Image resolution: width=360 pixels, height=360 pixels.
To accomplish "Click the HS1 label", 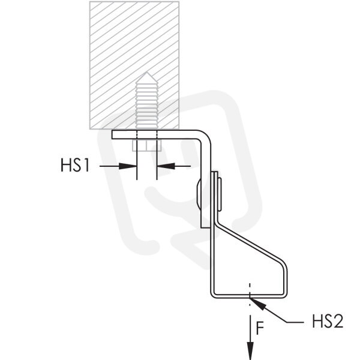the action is click(x=75, y=165).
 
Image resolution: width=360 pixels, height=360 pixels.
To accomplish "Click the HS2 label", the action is click(x=328, y=321).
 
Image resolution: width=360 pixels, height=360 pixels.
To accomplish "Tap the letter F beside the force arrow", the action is click(x=260, y=328).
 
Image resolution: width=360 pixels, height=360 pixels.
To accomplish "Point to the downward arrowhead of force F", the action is click(x=250, y=350).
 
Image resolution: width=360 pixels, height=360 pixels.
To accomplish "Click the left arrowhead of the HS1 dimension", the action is click(x=128, y=166).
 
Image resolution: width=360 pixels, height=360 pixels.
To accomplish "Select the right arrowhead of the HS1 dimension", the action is click(x=166, y=166).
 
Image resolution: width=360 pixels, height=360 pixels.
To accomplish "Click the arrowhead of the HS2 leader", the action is click(x=258, y=302).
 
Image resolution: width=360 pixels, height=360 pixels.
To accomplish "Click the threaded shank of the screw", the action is click(x=147, y=106).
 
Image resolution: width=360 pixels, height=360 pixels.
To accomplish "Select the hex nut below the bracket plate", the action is click(x=147, y=145).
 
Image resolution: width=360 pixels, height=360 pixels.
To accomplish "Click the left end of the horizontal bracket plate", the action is click(x=112, y=134).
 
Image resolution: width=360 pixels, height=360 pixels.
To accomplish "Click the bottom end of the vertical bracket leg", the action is click(x=205, y=227).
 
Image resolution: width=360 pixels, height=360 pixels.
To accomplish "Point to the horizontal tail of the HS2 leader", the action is click(x=295, y=322).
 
